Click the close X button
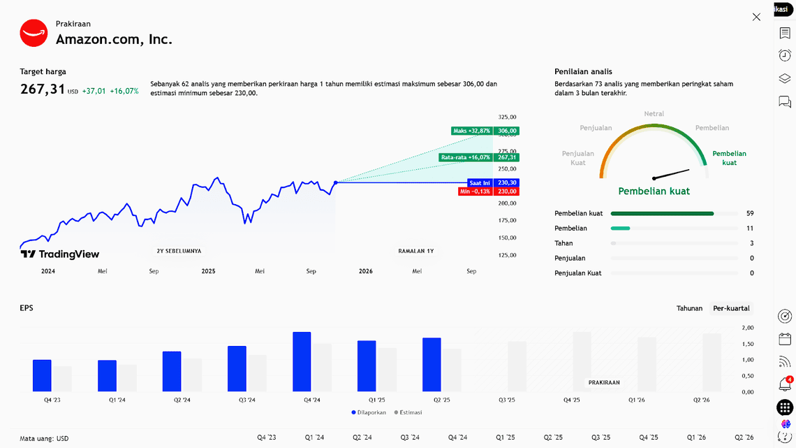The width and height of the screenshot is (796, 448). tap(756, 17)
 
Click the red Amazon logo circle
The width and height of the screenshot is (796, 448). tap(34, 33)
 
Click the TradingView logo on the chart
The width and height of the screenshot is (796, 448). tap(60, 254)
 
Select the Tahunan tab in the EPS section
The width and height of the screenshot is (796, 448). tap(689, 308)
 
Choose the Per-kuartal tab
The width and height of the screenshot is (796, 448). tap(731, 308)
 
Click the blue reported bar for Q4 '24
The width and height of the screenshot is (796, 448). tap(302, 361)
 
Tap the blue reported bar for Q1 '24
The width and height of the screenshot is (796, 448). tap(107, 375)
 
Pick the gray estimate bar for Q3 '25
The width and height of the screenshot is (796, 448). tap(517, 366)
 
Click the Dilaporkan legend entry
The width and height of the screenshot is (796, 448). tap(369, 412)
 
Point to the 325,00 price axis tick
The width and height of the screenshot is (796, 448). tap(507, 117)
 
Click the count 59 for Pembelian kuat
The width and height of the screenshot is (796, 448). tap(750, 213)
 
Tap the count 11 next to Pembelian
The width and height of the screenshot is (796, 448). tap(750, 229)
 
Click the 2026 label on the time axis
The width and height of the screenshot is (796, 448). tap(365, 271)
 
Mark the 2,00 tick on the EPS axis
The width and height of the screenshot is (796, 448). tap(747, 328)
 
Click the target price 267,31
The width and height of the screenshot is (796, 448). tap(43, 89)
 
